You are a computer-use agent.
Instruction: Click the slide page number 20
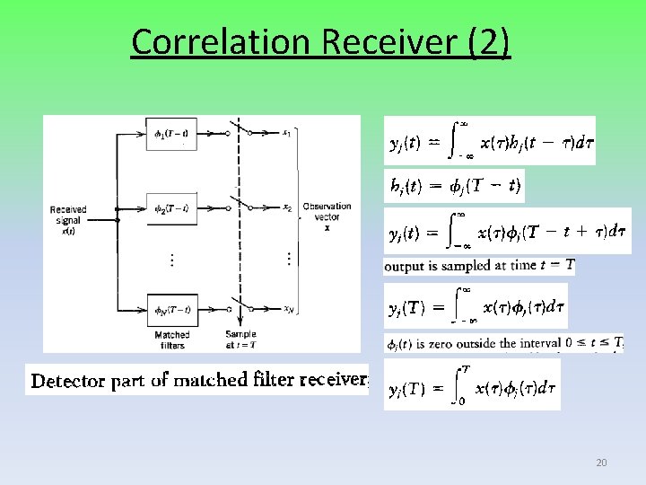pos(601,463)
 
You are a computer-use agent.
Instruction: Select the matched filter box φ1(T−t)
pos(170,135)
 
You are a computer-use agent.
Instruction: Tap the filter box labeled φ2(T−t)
pos(170,208)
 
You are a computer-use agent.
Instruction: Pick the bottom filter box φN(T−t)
pos(170,310)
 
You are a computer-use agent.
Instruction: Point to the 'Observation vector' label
pos(327,216)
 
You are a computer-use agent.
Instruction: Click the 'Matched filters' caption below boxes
pos(171,339)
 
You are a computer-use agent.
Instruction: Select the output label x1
pos(286,134)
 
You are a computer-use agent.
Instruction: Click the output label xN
pos(287,310)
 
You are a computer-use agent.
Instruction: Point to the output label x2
pos(287,208)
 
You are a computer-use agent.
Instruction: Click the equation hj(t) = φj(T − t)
pos(455,187)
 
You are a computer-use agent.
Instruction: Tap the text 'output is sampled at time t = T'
pos(479,266)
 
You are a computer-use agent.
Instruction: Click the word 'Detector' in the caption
pos(66,381)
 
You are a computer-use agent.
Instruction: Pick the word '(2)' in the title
pos(490,41)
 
